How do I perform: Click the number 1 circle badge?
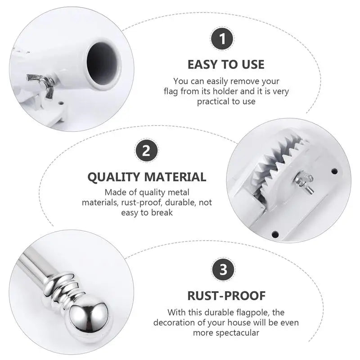pyautogui.click(x=222, y=39)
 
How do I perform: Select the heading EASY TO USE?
pyautogui.click(x=226, y=64)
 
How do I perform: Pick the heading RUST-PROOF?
pyautogui.click(x=226, y=296)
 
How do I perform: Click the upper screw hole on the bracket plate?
pyautogui.click(x=334, y=171)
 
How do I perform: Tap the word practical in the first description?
pyautogui.click(x=214, y=101)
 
